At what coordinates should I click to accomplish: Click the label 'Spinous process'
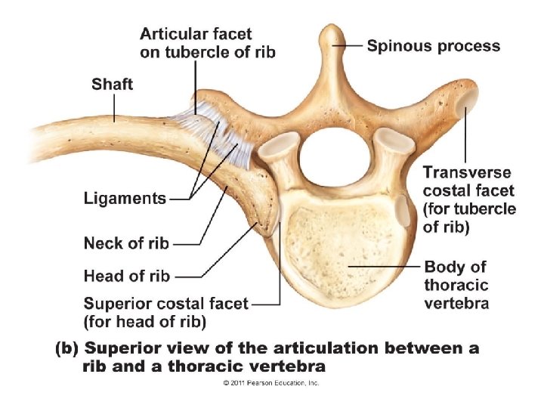(433, 46)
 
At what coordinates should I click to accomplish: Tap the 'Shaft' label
(112, 83)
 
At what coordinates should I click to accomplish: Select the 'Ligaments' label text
(125, 199)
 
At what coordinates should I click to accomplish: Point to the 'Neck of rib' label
(126, 243)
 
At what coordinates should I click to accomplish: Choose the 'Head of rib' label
(126, 276)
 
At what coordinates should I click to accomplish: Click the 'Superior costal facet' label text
(165, 304)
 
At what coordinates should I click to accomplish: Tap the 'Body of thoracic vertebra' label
(456, 286)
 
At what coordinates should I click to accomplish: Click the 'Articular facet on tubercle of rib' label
(207, 42)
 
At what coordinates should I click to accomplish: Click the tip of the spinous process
(329, 34)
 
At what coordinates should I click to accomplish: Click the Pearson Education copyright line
(270, 383)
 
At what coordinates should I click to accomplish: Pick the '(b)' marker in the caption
(66, 349)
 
